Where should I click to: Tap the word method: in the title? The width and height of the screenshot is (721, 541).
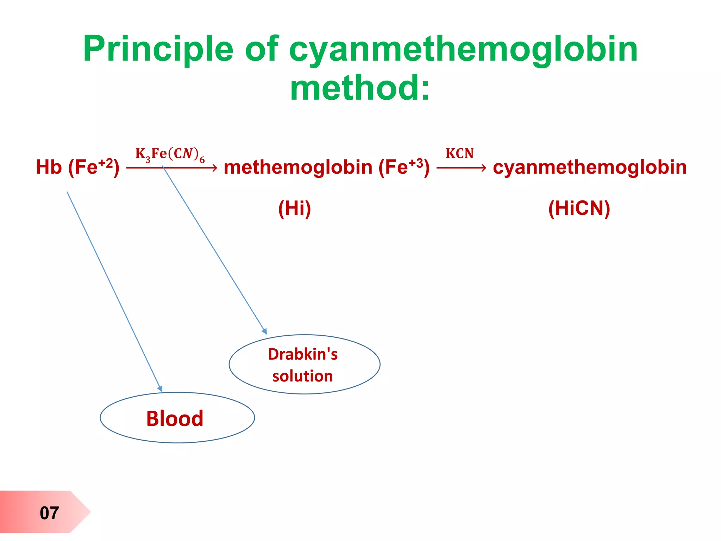(360, 88)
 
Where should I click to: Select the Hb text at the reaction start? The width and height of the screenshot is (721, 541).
(49, 167)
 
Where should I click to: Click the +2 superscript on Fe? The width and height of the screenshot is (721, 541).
(106, 163)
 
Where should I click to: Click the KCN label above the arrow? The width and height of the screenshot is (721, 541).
(459, 154)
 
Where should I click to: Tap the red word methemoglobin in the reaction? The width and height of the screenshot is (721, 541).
(298, 167)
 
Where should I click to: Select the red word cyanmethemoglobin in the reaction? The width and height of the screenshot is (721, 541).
(590, 167)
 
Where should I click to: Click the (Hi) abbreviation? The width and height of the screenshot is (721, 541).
(295, 208)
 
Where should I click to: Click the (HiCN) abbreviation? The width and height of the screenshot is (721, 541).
(579, 208)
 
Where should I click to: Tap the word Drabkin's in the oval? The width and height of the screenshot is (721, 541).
(303, 354)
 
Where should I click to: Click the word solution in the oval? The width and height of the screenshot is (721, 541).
(303, 376)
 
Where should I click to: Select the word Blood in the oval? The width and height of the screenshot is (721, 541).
(175, 418)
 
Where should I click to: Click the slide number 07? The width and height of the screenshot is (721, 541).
(49, 513)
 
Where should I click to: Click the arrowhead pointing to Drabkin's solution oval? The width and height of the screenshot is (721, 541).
(264, 331)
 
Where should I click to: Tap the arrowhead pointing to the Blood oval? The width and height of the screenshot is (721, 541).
(160, 388)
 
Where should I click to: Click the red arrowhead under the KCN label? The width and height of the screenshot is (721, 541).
(484, 168)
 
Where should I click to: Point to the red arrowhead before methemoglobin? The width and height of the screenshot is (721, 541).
(214, 168)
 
